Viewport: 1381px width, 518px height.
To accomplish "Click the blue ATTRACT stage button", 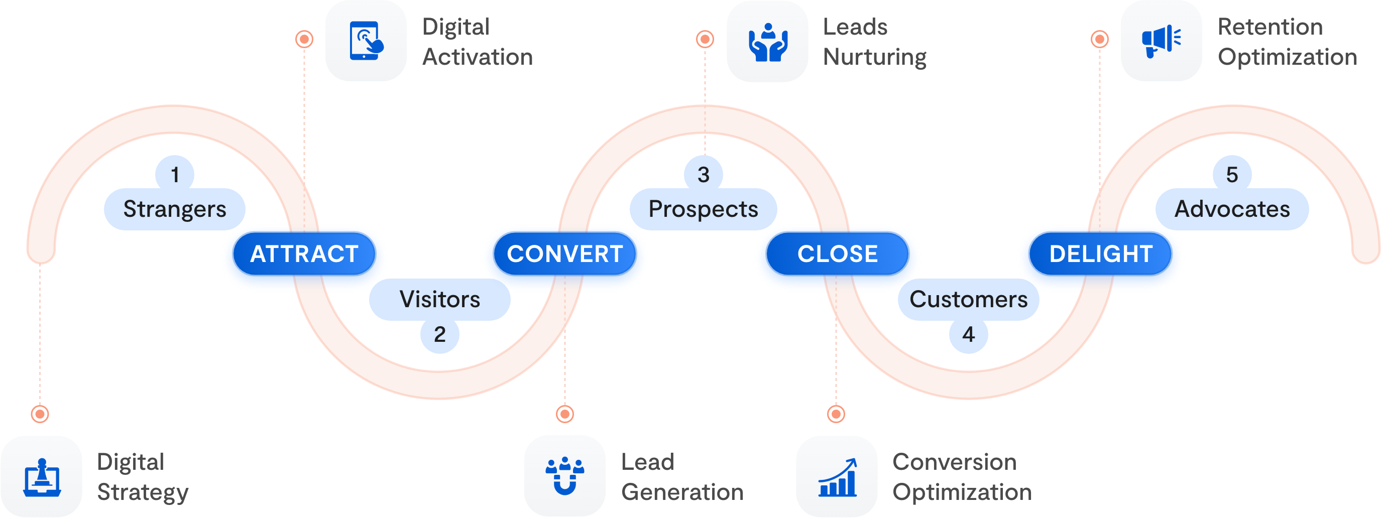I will tap(304, 254).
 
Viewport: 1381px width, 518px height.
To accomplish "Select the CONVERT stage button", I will tap(565, 254).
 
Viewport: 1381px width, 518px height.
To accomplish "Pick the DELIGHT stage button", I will tap(1101, 254).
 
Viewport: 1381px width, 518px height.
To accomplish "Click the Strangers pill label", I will tap(175, 209).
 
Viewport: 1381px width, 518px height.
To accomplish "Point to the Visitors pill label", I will tap(439, 300).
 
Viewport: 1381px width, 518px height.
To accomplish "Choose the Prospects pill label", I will tap(704, 209).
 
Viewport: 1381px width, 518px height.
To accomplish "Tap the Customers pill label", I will tap(968, 300).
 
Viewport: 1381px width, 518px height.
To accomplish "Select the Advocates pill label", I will tap(1232, 209).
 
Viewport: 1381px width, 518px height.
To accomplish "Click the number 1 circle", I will tap(175, 174).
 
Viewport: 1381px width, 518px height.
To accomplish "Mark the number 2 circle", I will tap(439, 334).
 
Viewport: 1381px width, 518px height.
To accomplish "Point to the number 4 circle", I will tap(968, 334).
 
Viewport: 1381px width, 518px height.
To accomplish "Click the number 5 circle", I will tap(1232, 174).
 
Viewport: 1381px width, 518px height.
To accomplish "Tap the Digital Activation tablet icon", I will tap(366, 41).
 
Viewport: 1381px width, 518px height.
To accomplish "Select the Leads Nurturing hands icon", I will tap(768, 41).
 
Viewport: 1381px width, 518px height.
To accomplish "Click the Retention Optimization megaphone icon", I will tap(1161, 41).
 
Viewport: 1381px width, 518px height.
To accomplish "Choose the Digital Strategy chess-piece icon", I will tap(42, 476).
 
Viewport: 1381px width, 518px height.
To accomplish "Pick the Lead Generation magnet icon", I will tap(565, 476).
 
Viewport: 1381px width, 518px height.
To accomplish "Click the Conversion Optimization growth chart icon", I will tap(837, 476).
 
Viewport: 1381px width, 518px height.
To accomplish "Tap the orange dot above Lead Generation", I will tap(565, 414).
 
